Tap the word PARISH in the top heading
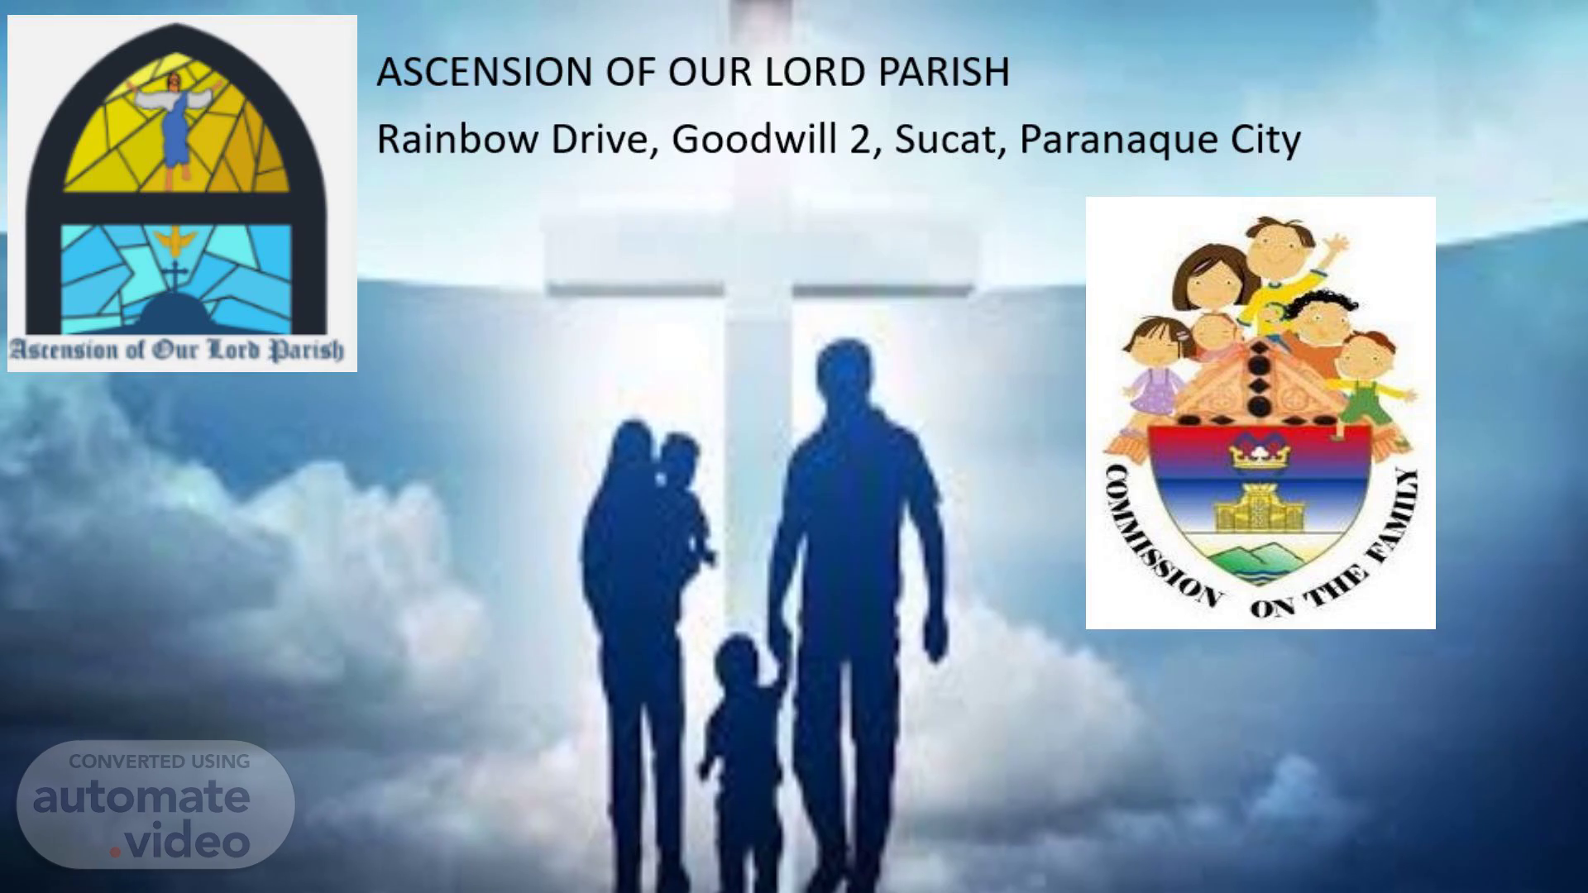(x=944, y=72)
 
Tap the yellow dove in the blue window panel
(x=175, y=241)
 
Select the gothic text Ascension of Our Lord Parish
(x=176, y=350)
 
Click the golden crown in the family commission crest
(x=1259, y=451)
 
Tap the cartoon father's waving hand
(x=1333, y=246)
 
